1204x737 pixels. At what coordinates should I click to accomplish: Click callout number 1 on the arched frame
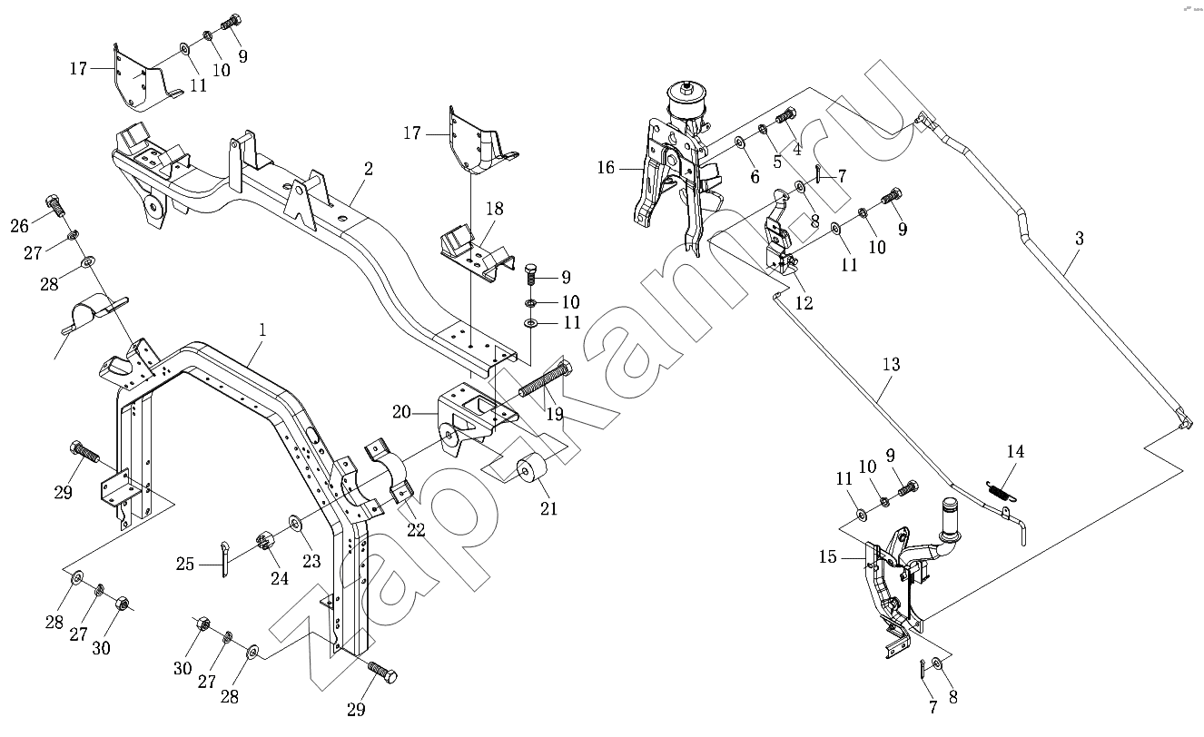pyautogui.click(x=262, y=331)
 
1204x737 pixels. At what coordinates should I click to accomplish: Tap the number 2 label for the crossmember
pyautogui.click(x=369, y=168)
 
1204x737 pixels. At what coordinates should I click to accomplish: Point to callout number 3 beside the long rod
pyautogui.click(x=1079, y=240)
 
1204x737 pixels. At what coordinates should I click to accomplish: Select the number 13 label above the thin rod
pyautogui.click(x=891, y=365)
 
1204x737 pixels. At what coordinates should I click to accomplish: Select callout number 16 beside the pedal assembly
pyautogui.click(x=606, y=168)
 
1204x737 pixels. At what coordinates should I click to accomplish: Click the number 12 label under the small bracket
pyautogui.click(x=804, y=303)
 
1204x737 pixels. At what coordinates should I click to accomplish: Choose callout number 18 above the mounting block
pyautogui.click(x=494, y=210)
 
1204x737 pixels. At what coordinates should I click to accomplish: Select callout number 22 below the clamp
pyautogui.click(x=416, y=530)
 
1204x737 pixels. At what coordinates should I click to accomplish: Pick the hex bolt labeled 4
pyautogui.click(x=785, y=117)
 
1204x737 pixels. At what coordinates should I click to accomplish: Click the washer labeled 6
pyautogui.click(x=739, y=142)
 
